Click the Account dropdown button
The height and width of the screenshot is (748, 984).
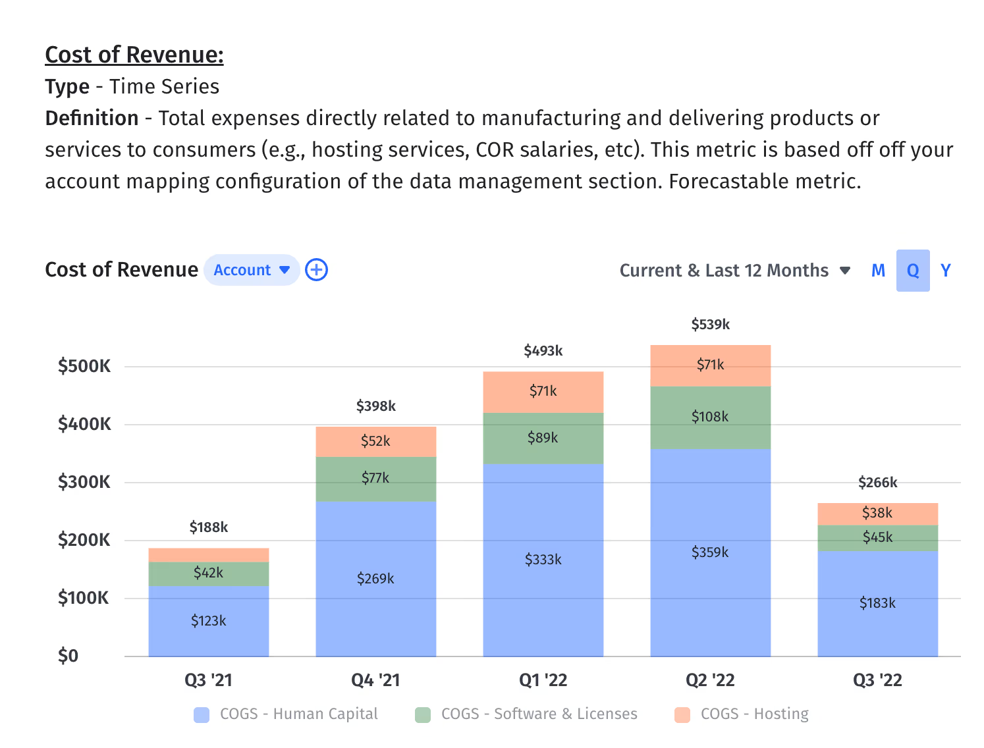click(252, 270)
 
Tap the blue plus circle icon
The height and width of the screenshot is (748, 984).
click(317, 270)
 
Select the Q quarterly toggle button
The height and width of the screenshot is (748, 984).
click(912, 271)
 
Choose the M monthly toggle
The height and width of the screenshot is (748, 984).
click(878, 271)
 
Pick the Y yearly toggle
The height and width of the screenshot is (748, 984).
click(946, 271)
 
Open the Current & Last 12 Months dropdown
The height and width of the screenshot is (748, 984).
click(734, 271)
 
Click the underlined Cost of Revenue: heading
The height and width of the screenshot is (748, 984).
click(134, 55)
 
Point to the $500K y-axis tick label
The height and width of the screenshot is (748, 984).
click(84, 366)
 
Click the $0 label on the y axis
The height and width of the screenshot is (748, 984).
click(68, 656)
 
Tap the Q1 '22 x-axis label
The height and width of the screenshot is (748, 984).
click(543, 680)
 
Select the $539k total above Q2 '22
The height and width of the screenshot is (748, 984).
click(710, 324)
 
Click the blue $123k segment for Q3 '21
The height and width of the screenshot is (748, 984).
click(208, 621)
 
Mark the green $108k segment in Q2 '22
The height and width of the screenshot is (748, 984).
click(710, 417)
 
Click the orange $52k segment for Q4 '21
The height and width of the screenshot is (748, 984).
click(375, 441)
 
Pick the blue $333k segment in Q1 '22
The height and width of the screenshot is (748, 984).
click(543, 560)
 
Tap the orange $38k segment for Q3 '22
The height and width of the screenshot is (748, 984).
click(877, 513)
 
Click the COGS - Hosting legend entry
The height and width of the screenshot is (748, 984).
click(742, 714)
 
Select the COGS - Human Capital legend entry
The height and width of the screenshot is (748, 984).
click(286, 714)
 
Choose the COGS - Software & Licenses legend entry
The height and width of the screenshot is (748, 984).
click(526, 714)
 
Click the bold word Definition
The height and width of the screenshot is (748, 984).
click(92, 118)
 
